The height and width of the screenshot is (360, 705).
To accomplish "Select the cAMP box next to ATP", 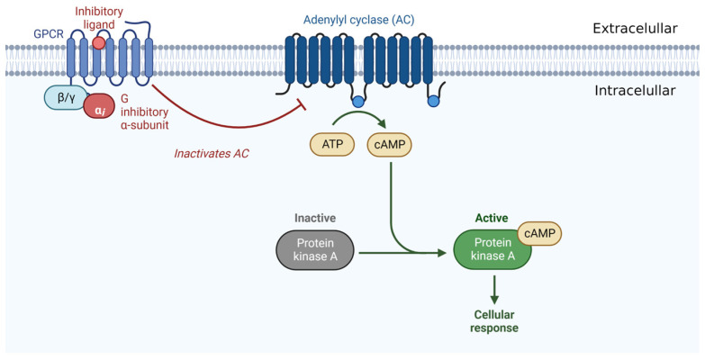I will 388,144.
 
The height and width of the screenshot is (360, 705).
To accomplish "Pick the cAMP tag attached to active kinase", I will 539,234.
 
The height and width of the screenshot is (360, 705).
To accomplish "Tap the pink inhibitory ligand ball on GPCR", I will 97,41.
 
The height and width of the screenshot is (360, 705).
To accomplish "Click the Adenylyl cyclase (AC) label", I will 357,19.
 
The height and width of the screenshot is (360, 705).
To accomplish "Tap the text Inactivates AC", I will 212,153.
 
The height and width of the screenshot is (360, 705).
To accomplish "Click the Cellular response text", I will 493,320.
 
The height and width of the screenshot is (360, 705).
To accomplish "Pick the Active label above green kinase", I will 491,219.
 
